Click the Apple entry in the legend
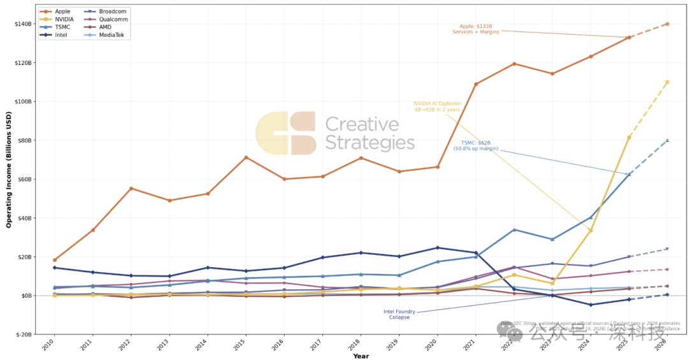coord(62,11)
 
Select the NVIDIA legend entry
coord(64,20)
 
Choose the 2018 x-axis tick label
coord(357,346)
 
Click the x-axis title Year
coord(361,356)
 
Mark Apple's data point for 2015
coord(246,157)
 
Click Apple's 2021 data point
coord(476,84)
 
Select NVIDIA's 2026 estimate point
coord(667,82)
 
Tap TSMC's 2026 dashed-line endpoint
coord(667,140)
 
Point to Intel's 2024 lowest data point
coord(591,305)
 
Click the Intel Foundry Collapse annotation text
coord(399,314)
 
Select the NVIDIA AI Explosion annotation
coord(437,106)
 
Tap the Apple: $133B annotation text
coord(472,29)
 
